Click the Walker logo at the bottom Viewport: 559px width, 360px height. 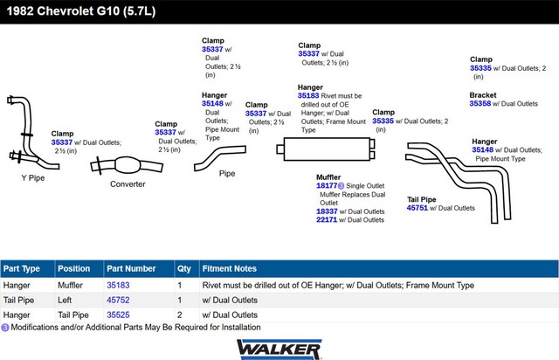click(279, 350)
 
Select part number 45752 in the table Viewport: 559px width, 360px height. click(118, 300)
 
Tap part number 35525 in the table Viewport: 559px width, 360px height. click(118, 315)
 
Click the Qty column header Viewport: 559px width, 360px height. click(184, 268)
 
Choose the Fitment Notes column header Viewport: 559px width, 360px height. click(229, 268)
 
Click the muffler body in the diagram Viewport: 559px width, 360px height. click(328, 149)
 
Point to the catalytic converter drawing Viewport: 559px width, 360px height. click(127, 165)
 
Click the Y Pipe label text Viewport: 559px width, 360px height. click(33, 177)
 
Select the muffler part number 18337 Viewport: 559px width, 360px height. click(327, 211)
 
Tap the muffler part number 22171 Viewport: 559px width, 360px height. click(327, 220)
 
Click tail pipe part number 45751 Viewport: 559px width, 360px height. click(418, 208)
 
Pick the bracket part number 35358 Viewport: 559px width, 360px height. click(480, 103)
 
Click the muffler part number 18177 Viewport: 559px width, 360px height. click(327, 185)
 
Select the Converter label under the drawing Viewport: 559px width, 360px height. click(128, 184)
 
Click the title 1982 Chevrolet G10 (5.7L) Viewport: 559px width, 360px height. click(81, 11)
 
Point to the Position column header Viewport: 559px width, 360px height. click(73, 268)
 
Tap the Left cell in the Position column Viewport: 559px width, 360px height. click(65, 300)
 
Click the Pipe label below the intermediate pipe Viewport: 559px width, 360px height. click(227, 173)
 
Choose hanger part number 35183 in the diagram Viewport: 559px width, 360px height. click(308, 95)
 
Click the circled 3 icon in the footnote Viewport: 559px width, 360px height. click(5, 327)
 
